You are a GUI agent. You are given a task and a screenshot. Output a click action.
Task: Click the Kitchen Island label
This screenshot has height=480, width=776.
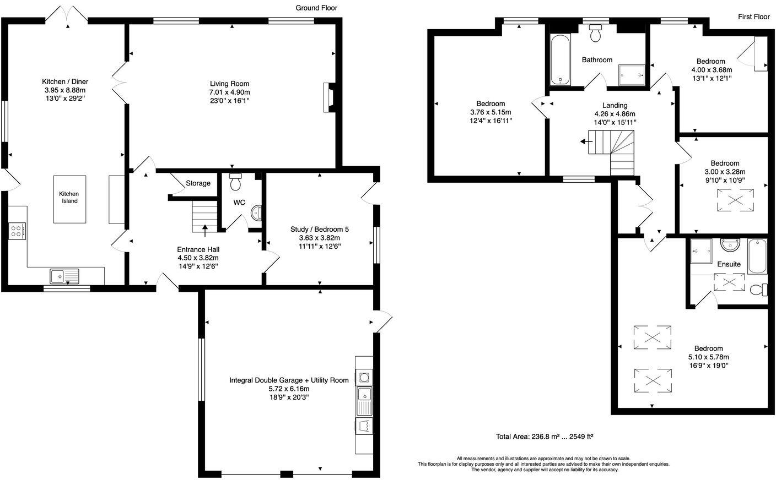[69, 197]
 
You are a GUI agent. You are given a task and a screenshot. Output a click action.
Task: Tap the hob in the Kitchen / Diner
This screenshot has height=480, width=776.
[17, 231]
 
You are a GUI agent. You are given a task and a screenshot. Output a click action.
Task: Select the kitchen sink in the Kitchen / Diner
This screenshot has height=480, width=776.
[64, 275]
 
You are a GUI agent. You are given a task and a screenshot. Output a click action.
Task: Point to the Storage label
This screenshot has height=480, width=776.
[198, 183]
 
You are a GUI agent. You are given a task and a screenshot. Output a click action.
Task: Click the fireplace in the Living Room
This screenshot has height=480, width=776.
[329, 97]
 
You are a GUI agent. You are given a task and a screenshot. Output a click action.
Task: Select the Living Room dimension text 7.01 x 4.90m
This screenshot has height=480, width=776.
[230, 92]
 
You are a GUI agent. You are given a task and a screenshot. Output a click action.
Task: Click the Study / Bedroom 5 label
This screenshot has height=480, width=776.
[320, 230]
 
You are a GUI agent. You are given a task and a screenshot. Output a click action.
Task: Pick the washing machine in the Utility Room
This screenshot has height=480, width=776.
[364, 377]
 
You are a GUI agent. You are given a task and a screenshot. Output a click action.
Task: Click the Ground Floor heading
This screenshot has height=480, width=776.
[316, 8]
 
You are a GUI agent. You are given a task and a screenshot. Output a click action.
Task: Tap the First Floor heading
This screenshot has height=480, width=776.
[753, 17]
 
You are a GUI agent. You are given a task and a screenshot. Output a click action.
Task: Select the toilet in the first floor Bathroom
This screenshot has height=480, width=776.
[595, 34]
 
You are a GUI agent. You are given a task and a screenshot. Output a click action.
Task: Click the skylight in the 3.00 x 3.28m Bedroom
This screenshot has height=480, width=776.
[736, 200]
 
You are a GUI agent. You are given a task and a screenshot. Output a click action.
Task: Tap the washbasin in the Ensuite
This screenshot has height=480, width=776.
[730, 243]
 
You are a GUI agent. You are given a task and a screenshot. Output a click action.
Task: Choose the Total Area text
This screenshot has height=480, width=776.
[544, 437]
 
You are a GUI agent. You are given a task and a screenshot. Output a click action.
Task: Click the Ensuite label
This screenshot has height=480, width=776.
[729, 264]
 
